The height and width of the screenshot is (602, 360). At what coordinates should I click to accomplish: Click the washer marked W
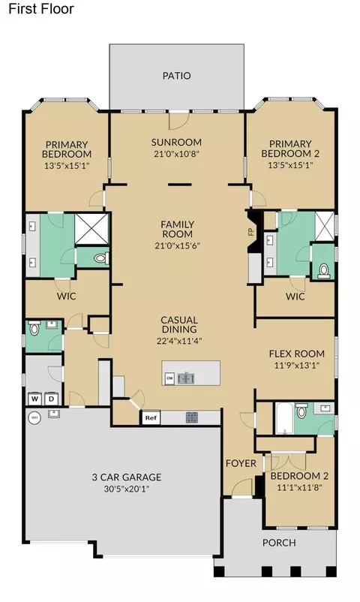(35, 399)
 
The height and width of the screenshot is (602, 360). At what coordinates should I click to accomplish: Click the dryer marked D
(51, 399)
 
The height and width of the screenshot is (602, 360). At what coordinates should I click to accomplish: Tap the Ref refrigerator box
(151, 417)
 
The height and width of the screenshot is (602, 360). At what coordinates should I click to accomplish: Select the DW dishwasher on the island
(169, 378)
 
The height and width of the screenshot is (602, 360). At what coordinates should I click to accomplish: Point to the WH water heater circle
(34, 417)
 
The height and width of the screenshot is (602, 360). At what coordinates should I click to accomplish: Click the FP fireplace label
(252, 232)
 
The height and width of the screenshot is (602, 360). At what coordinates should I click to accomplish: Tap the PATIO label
(176, 76)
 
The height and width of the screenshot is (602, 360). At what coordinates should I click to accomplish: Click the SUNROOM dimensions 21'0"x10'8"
(176, 154)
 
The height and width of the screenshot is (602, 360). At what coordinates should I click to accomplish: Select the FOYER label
(241, 463)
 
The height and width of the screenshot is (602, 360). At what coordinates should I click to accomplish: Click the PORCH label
(279, 543)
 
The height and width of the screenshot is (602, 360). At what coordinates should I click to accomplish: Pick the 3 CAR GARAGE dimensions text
(126, 489)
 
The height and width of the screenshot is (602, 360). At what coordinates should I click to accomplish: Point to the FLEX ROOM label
(297, 354)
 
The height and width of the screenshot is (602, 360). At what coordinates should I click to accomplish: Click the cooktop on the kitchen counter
(192, 417)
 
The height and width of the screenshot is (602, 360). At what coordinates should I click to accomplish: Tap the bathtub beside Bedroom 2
(284, 419)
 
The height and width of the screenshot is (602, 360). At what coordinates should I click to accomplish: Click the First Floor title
(41, 9)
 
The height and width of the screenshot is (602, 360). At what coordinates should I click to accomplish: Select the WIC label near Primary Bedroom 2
(295, 296)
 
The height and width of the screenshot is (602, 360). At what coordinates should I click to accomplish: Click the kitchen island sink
(186, 378)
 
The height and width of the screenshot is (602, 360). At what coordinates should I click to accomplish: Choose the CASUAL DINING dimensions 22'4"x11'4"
(179, 341)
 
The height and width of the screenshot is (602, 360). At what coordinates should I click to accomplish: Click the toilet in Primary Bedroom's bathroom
(101, 258)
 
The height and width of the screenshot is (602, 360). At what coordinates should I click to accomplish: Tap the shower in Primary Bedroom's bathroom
(91, 229)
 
